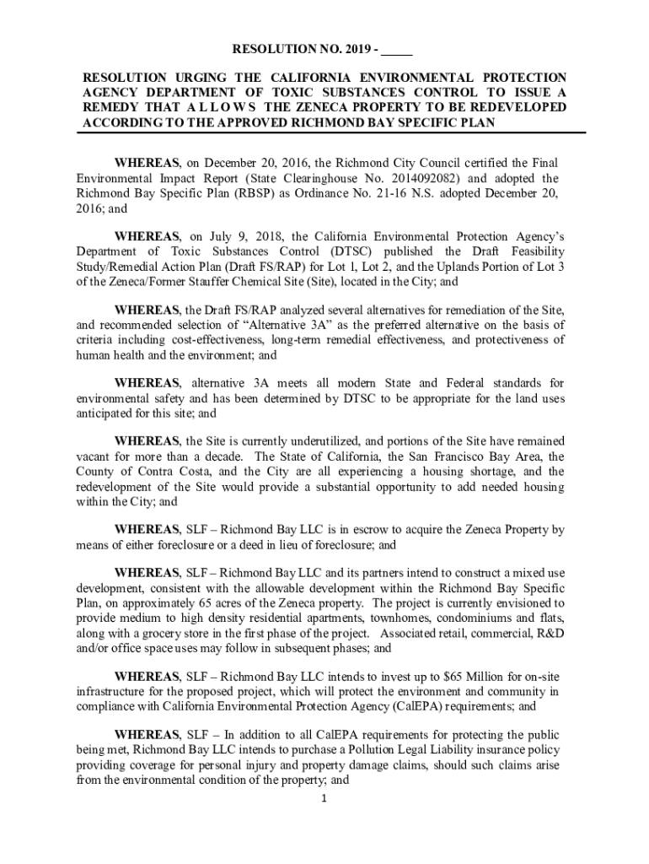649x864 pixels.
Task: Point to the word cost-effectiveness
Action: point(217,340)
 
